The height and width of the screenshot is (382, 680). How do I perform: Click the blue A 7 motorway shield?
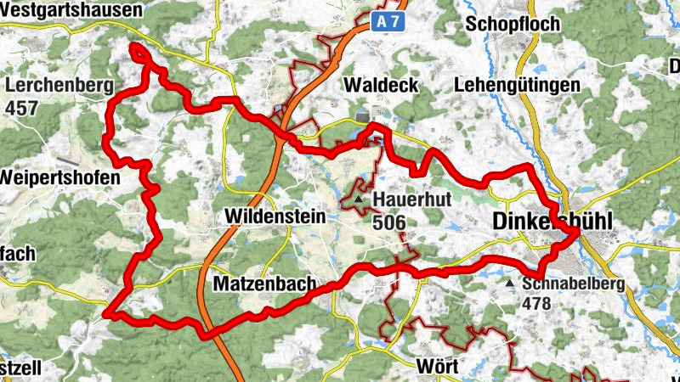[388, 23]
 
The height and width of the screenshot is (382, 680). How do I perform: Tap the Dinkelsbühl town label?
[552, 221]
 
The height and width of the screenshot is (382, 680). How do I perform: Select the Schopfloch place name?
[513, 24]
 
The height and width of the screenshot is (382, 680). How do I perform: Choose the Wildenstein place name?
[275, 217]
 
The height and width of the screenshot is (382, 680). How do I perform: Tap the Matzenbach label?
[265, 283]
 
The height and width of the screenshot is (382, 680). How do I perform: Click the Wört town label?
[439, 367]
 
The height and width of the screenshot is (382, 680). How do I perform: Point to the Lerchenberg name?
[59, 86]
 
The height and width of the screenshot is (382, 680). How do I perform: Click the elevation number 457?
[22, 108]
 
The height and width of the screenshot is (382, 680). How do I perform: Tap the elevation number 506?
[388, 222]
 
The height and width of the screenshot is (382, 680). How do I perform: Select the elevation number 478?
[537, 303]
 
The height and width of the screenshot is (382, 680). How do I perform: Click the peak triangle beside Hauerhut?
[360, 200]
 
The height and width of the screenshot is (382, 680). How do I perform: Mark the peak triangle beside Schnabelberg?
[510, 284]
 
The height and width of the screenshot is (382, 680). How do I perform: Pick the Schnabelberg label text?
[574, 284]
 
